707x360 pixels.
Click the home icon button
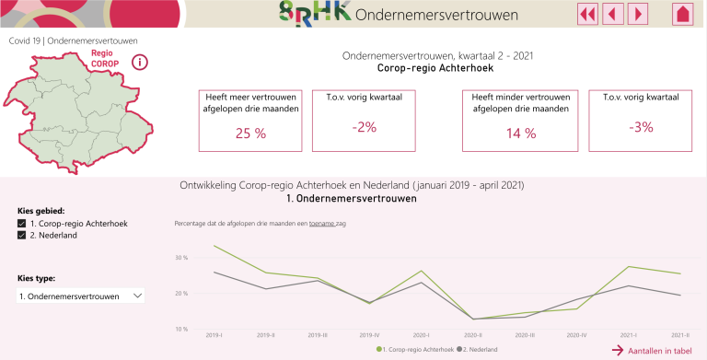click(682, 13)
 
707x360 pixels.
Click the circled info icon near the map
click(140, 63)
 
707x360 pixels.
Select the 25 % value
click(250, 133)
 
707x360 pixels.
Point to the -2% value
click(364, 127)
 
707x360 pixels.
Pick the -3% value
click(641, 127)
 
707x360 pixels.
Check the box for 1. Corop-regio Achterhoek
click(22, 223)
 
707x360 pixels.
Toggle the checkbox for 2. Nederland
click(22, 236)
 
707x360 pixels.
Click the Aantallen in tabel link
click(657, 351)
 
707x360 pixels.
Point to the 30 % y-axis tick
click(180, 257)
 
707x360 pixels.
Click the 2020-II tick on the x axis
click(473, 335)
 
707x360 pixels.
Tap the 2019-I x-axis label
click(214, 335)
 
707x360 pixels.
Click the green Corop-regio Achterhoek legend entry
click(414, 350)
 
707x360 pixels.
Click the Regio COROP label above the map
click(105, 58)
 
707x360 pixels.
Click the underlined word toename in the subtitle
click(322, 223)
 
